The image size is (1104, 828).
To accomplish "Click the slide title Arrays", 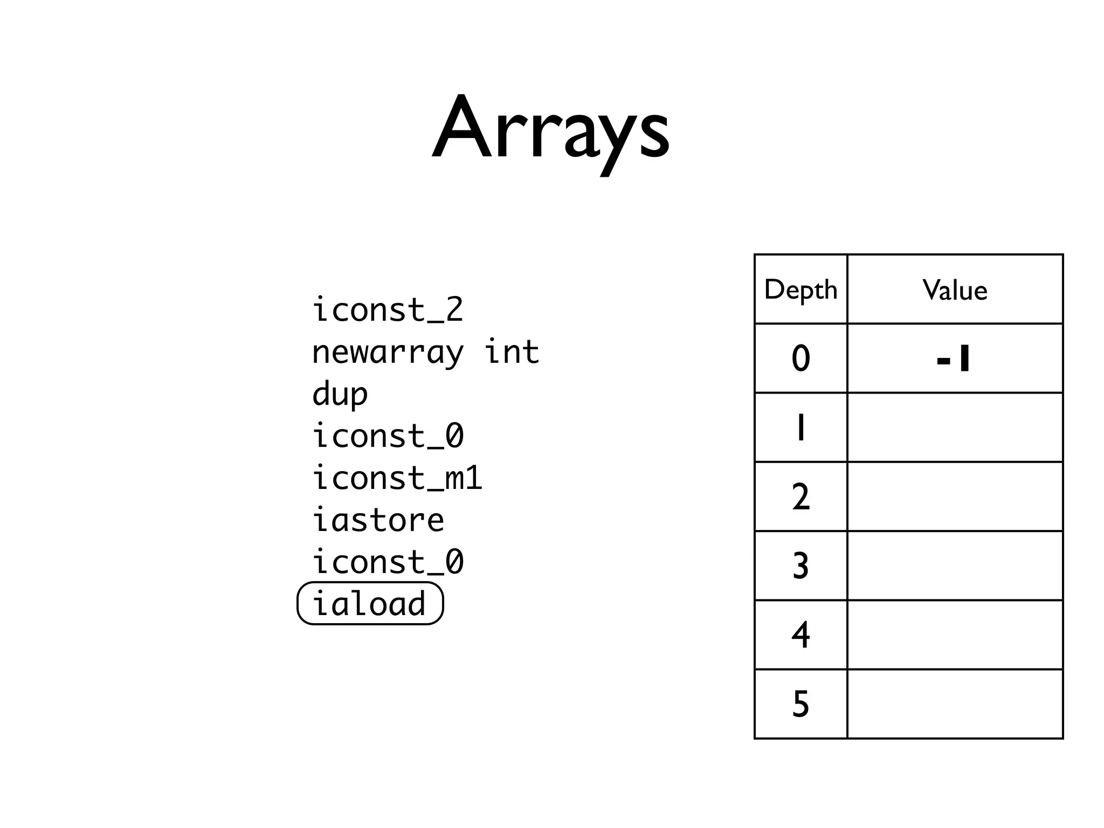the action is pos(551,129).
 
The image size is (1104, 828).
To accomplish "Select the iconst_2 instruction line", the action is pos(388,310).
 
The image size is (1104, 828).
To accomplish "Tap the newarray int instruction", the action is pos(425,352).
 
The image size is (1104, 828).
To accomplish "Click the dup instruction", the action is pos(340,394).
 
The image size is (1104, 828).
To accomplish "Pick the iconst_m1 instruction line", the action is pos(397,478).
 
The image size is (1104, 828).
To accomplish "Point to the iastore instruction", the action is pos(378,520).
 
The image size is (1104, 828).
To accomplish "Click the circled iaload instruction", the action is pos(370,604).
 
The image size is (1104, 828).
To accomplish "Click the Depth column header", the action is pos(801,290).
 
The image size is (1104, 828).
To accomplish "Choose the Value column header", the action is pos(955,290).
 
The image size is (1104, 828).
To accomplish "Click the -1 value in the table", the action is pos(953,358).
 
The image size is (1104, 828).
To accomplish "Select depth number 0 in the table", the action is pos(801,358).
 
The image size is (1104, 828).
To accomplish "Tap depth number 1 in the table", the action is pos(801,427).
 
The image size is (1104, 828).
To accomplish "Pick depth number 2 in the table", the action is pos(801,496).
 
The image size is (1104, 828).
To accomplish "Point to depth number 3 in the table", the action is pos(801,565).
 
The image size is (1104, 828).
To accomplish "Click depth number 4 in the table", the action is pos(801,634).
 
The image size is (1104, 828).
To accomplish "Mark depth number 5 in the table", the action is pos(801,703).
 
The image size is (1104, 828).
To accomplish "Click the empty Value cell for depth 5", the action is pos(955,703).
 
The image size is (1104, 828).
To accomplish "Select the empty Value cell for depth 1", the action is pos(955,427).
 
